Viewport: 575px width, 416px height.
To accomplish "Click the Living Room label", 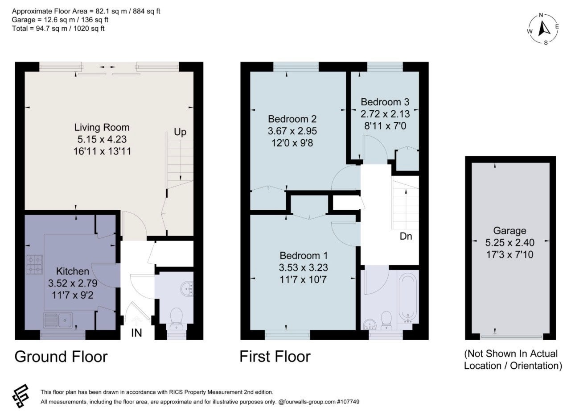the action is coord(102,127).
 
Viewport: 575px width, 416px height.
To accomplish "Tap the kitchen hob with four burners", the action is coord(34,264).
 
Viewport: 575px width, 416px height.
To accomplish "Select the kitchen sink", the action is coord(58,320).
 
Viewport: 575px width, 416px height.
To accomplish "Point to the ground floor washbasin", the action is coord(187,288).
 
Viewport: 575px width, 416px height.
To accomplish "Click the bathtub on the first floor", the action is coord(407,299).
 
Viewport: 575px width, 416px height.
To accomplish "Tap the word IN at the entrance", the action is coord(136,333).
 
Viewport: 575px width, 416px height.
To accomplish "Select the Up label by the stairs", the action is coord(180,132).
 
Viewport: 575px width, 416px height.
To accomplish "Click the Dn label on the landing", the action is coord(406,236).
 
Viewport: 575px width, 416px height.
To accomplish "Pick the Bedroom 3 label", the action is coord(385,102).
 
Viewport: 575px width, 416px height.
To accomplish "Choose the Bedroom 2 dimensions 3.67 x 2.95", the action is coord(292,131).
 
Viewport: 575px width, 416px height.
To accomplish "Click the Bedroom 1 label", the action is coord(304,255).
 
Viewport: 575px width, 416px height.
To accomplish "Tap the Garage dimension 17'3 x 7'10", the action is coord(509,254).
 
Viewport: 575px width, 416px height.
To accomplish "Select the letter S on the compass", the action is coord(546,43).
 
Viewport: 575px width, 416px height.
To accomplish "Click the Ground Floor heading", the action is coord(61,357).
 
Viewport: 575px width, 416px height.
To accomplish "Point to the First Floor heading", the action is coord(275,357).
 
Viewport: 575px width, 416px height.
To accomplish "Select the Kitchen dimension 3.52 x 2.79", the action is coord(73,283).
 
